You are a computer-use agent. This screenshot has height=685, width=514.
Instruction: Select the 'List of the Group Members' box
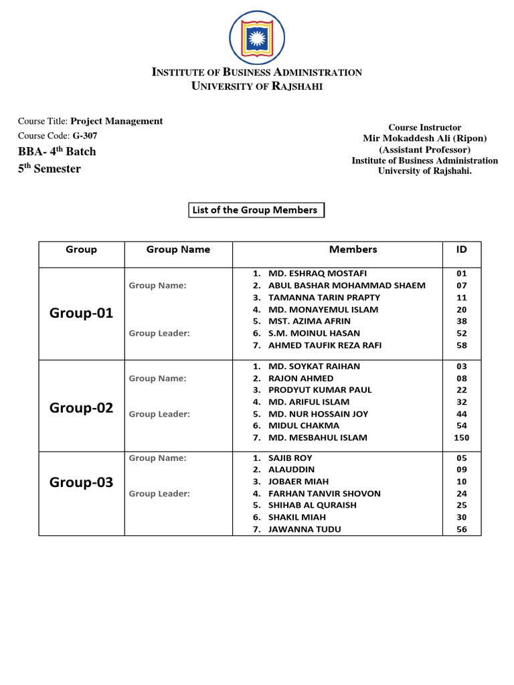click(254, 210)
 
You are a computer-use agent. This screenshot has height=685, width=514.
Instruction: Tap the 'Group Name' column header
click(178, 250)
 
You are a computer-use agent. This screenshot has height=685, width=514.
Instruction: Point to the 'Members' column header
click(353, 250)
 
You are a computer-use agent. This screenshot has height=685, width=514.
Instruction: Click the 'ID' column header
click(462, 250)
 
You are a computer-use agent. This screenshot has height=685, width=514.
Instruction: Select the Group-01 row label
click(81, 313)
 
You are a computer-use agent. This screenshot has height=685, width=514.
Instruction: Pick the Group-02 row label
click(81, 408)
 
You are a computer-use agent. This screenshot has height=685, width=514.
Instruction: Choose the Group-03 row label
click(81, 482)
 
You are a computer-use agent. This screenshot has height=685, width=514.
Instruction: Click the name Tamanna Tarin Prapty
click(324, 298)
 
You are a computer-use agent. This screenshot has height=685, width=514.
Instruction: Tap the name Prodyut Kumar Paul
click(320, 390)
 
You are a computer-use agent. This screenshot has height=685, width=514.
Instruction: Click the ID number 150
click(462, 438)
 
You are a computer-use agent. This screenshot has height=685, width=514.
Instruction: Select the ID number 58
click(462, 346)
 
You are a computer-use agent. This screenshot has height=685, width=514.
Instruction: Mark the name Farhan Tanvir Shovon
click(325, 494)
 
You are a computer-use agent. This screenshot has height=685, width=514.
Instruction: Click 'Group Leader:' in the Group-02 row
click(159, 414)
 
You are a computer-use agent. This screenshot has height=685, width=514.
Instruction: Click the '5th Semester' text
click(49, 169)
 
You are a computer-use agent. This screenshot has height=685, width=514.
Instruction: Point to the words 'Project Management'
click(116, 121)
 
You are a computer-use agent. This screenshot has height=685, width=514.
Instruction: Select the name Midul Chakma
click(304, 425)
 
